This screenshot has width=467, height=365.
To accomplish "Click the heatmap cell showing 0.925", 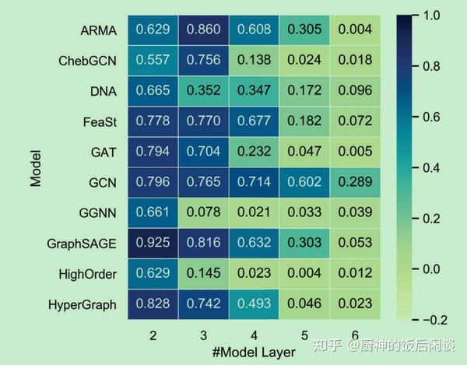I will [x=153, y=244].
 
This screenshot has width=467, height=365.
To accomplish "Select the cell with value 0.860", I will [x=204, y=30].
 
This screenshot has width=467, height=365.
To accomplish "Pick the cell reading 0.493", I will [x=255, y=304].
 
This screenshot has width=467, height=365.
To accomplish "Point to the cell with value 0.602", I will [x=305, y=183].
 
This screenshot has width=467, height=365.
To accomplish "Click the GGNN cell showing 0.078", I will [x=204, y=213].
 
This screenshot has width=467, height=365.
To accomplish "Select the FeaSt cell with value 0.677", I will [x=255, y=121].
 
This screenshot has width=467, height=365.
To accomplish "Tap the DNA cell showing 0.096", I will [x=355, y=91].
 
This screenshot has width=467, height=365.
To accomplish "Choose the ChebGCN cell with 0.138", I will [x=255, y=61].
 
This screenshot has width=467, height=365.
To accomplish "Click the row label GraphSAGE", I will [x=81, y=244].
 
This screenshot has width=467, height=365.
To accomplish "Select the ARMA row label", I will [x=98, y=31].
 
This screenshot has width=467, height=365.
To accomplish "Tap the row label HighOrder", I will [x=87, y=275].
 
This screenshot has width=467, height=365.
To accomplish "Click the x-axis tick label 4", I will [x=255, y=334].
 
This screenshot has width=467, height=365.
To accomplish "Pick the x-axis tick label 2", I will [x=153, y=334].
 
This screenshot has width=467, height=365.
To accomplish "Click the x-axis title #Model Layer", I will [x=254, y=353].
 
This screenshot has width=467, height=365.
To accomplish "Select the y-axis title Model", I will [x=35, y=168].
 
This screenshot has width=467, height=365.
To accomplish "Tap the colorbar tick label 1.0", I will [x=434, y=15].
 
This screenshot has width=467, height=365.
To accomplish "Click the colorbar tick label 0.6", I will [x=434, y=116].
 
